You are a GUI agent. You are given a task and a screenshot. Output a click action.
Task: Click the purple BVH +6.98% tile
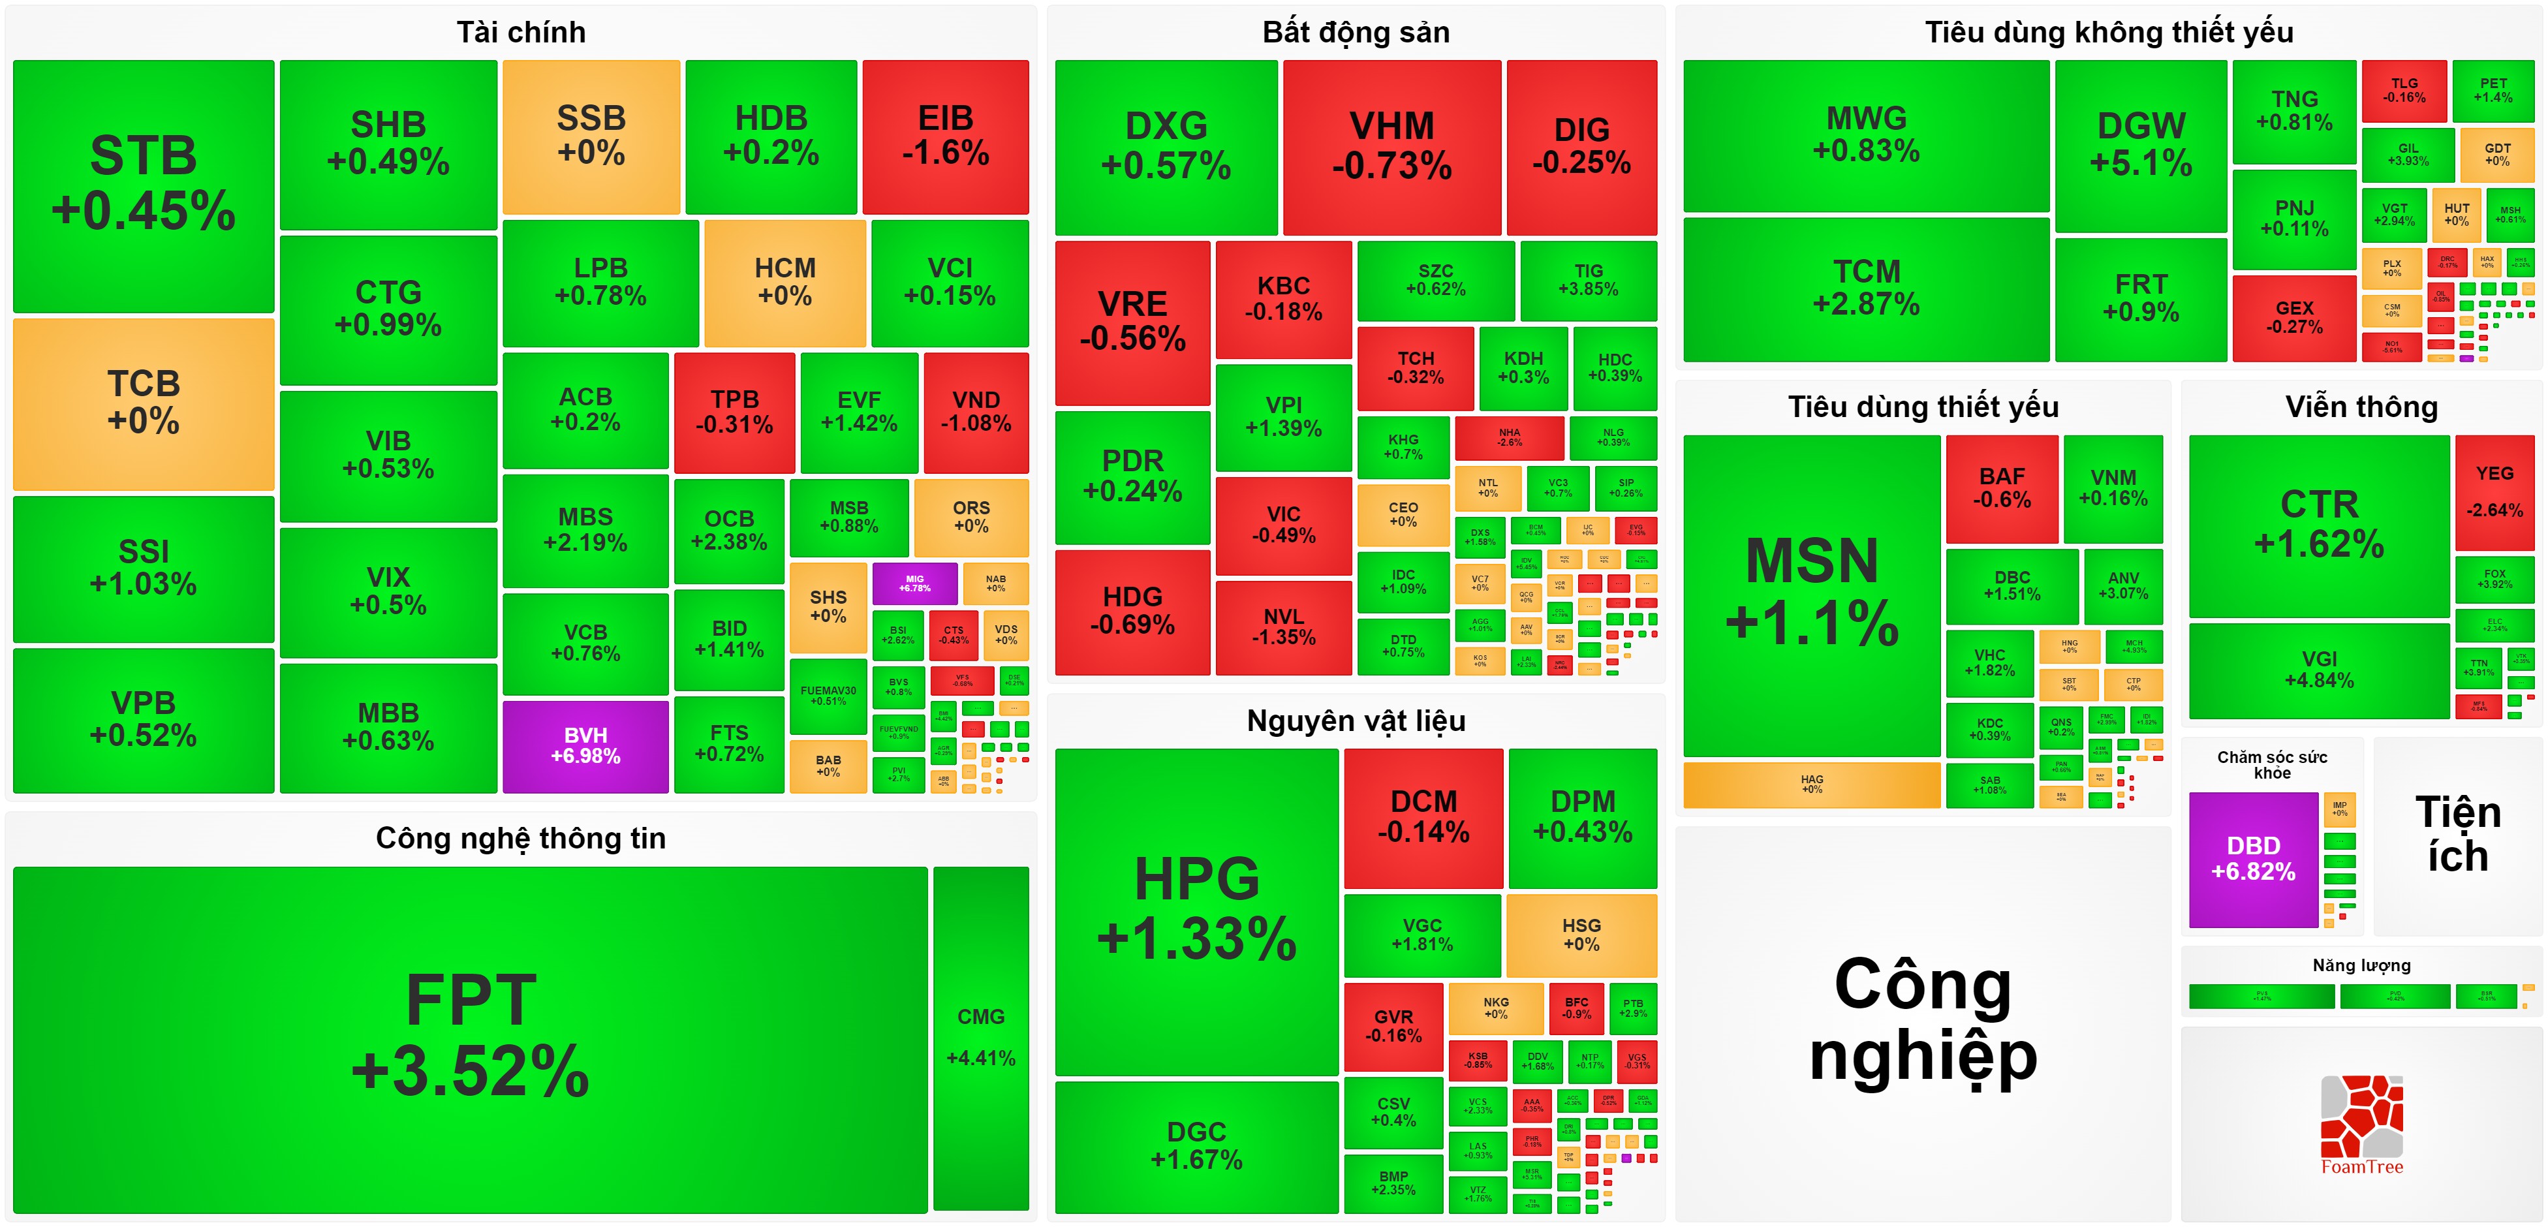pos(585,746)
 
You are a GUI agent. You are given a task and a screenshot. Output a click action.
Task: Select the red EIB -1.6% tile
pos(946,136)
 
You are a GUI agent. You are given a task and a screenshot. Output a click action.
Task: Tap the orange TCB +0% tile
pos(144,403)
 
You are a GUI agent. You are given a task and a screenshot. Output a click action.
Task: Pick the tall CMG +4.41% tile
pos(980,1037)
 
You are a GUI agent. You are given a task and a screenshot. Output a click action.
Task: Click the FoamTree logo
pos(2361,1124)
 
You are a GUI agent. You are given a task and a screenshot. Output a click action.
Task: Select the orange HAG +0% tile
pos(1811,784)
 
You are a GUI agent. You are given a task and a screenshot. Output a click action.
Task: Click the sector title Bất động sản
pos(1355,33)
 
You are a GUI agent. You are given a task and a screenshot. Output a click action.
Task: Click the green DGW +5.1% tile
pos(2141,144)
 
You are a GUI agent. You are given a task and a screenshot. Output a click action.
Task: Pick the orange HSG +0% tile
pos(1581,934)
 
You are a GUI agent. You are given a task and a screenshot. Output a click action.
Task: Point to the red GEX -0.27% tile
pos(2294,317)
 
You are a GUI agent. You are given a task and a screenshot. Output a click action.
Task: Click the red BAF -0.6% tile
pos(2001,488)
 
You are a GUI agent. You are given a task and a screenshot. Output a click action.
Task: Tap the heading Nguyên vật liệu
pos(1355,721)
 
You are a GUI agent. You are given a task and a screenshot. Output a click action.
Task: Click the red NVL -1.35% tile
pos(1283,627)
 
